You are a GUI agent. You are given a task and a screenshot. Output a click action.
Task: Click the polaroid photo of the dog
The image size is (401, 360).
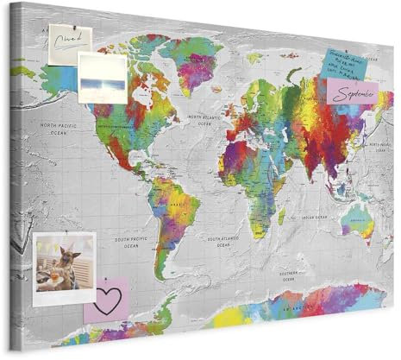(x=66, y=264)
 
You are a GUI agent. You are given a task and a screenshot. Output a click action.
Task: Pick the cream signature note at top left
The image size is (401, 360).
(x=70, y=40)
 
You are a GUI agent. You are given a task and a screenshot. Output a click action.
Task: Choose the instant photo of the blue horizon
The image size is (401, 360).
(x=102, y=78)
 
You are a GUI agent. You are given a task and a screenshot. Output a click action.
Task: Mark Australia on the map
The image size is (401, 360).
(x=356, y=218)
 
